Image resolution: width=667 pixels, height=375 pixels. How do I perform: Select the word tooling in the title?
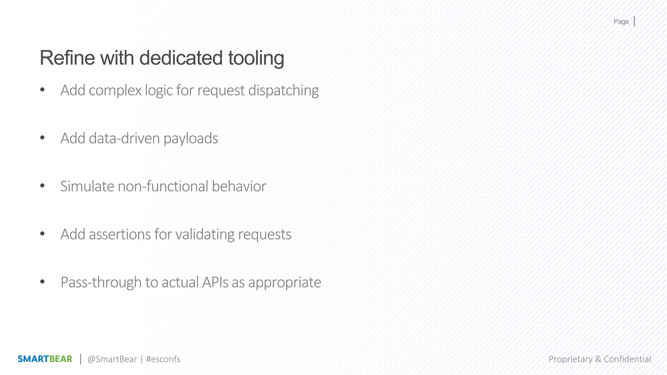(x=256, y=58)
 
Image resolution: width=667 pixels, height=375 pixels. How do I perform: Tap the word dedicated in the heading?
(x=180, y=58)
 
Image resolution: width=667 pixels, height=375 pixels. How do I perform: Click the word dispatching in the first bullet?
(x=283, y=90)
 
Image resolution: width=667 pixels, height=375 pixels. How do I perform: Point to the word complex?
(x=115, y=90)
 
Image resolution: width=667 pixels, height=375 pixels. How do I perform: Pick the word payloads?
(x=191, y=139)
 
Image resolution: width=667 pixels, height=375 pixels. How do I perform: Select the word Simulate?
(x=87, y=186)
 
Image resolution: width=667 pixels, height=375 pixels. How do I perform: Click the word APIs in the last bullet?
(x=215, y=282)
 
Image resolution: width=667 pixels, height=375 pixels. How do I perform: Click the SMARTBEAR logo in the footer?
(x=45, y=359)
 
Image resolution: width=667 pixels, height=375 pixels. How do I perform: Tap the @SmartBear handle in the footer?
(x=112, y=359)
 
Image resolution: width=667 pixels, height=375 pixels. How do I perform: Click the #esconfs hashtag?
(x=163, y=359)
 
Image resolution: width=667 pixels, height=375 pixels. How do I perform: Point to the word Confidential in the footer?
(x=627, y=359)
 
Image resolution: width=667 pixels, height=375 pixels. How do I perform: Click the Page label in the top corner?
(x=621, y=22)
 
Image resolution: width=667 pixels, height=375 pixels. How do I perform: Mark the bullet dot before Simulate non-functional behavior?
(x=42, y=186)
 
